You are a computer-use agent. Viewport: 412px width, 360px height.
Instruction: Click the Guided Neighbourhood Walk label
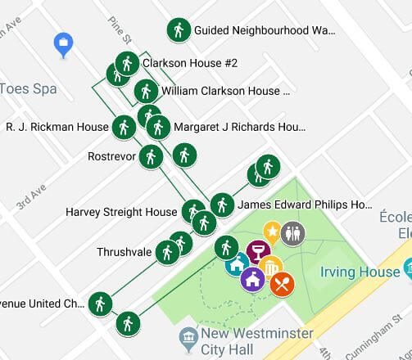coord(265,30)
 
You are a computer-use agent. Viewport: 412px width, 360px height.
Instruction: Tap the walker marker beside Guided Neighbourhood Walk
coord(178,30)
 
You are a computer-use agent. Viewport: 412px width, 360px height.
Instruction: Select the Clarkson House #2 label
coord(189,63)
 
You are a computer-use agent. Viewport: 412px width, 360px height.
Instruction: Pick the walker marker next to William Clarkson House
coord(146,91)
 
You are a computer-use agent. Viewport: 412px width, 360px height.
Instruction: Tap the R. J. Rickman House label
coord(57,127)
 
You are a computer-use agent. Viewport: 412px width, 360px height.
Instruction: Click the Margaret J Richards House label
coord(238,127)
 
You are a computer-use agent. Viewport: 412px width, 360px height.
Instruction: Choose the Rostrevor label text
coord(111,155)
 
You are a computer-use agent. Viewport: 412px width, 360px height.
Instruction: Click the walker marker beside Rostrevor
coord(150,155)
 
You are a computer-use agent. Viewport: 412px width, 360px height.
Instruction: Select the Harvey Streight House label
coord(121,212)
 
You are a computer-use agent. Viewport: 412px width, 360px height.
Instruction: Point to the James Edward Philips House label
coord(305,205)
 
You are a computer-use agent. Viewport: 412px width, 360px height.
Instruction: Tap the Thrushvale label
coord(125,252)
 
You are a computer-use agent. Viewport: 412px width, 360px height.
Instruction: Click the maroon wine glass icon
coord(258,251)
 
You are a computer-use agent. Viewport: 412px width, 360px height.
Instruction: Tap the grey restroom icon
coord(292,233)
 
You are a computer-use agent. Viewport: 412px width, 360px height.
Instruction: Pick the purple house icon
coord(252,278)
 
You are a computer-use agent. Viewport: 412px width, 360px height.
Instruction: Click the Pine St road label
coord(120,30)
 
